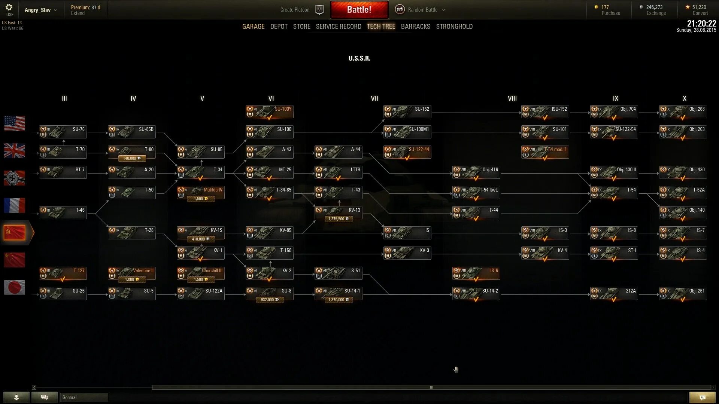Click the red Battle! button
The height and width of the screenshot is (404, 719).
point(359,10)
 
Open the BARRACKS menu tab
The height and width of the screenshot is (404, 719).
point(415,27)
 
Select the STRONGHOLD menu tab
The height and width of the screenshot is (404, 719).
point(454,27)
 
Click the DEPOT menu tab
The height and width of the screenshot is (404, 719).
point(279,27)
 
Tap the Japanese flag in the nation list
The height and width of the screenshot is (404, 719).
point(15,287)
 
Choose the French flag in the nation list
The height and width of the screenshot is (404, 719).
point(15,205)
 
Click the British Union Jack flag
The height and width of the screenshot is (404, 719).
point(15,151)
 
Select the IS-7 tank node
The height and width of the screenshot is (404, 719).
point(683,233)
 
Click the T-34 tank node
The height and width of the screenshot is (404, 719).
point(201,173)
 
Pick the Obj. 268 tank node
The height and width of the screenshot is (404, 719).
point(683,112)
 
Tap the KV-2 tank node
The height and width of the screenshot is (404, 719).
point(270,274)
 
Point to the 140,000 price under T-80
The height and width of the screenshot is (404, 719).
point(132,158)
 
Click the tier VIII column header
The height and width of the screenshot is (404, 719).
point(512,98)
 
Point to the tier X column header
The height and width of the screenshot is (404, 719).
point(684,98)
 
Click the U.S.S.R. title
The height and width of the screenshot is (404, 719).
point(359,58)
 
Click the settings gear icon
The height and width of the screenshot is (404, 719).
point(9,7)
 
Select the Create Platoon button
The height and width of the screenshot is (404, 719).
point(295,10)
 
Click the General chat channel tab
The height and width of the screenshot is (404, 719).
point(84,397)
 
